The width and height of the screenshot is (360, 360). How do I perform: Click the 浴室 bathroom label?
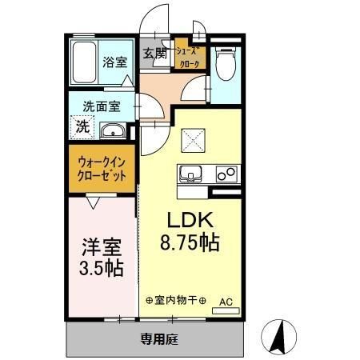pos(114,62)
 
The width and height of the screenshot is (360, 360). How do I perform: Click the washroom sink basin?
pos(112,130)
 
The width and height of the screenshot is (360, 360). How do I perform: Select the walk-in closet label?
pos(102,168)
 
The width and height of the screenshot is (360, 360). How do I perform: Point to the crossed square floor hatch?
pos(194,142)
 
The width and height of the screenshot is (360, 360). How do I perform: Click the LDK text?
pos(190,218)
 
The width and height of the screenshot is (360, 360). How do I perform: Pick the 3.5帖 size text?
pos(102,267)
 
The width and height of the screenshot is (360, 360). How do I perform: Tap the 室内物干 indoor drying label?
pos(176,301)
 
